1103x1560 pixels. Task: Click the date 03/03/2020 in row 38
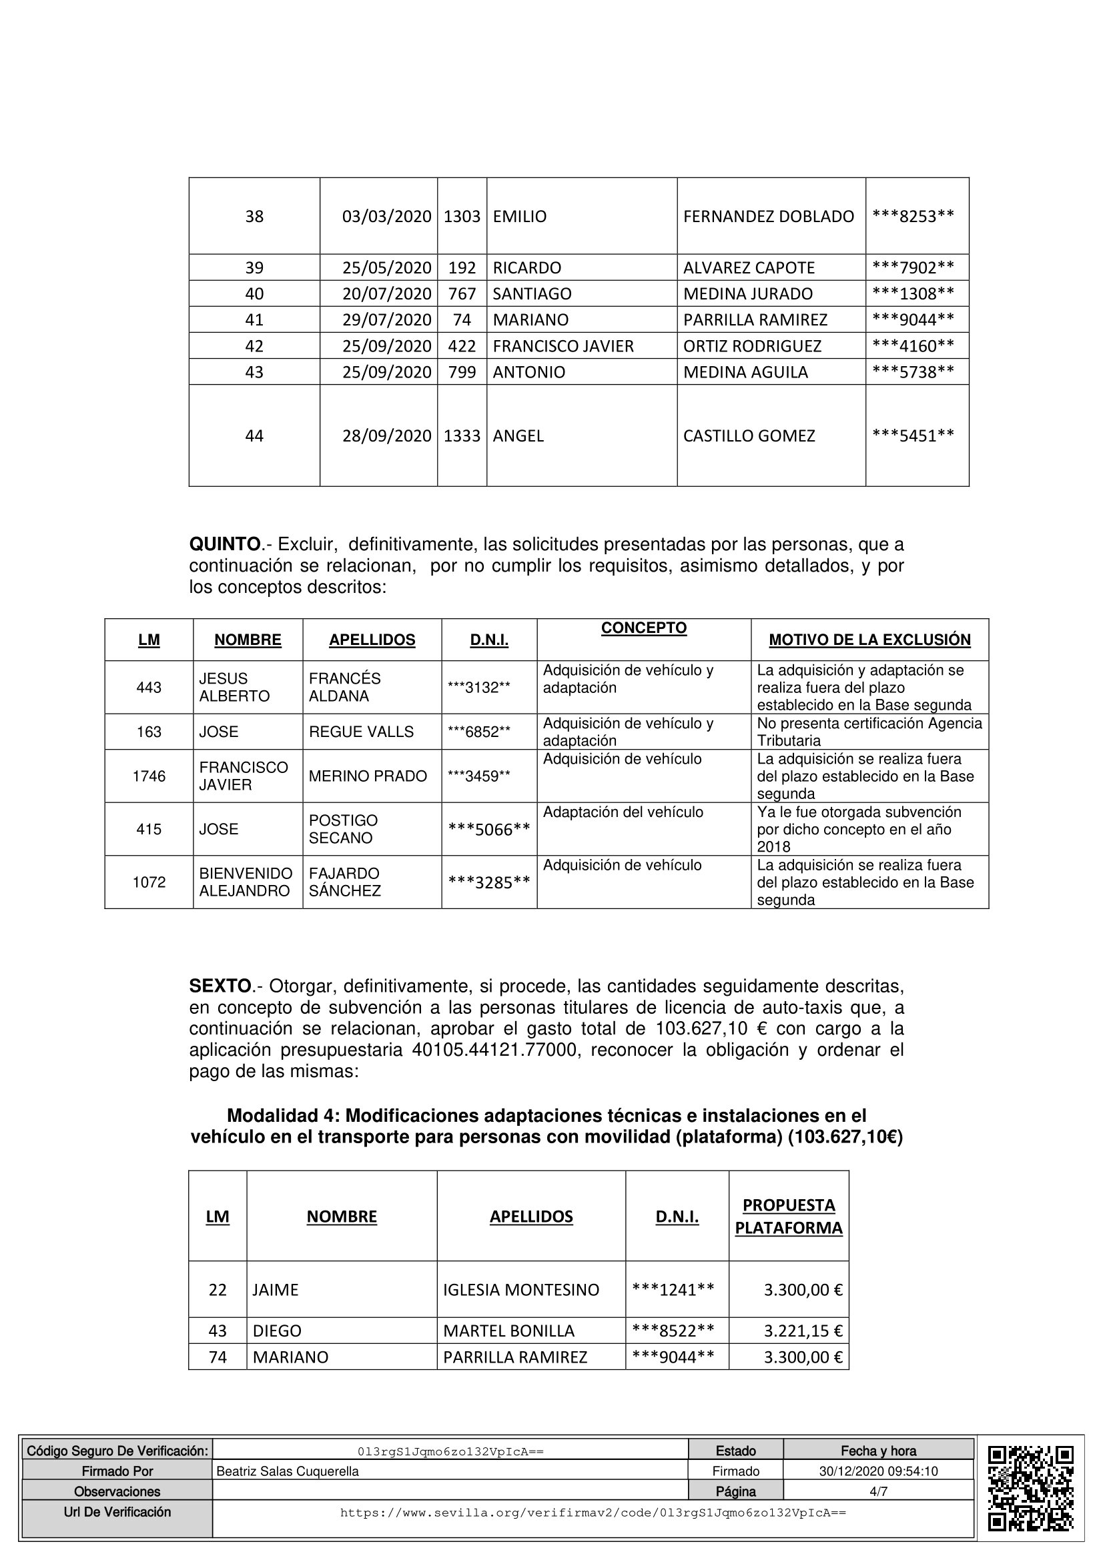pyautogui.click(x=386, y=216)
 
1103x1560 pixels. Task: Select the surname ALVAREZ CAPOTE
pyautogui.click(x=748, y=267)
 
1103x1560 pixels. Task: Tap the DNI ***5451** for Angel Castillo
pyautogui.click(x=913, y=436)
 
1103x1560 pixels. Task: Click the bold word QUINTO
pyautogui.click(x=225, y=544)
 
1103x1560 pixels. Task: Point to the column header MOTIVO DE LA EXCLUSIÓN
pyautogui.click(x=869, y=640)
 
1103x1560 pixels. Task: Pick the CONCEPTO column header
pyautogui.click(x=644, y=628)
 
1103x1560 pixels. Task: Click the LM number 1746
pyautogui.click(x=149, y=776)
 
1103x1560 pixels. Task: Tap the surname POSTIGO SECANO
pyautogui.click(x=343, y=829)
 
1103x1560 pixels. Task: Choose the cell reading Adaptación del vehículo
pyautogui.click(x=623, y=812)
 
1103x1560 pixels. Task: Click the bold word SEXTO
pyautogui.click(x=220, y=986)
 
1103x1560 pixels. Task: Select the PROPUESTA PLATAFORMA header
pyautogui.click(x=788, y=1217)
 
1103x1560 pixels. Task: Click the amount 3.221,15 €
pyautogui.click(x=803, y=1331)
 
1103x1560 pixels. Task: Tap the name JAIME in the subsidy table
pyautogui.click(x=275, y=1290)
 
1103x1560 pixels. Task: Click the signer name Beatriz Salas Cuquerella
pyautogui.click(x=288, y=1471)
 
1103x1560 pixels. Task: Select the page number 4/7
pyautogui.click(x=878, y=1491)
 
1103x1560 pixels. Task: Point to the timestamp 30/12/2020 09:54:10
pyautogui.click(x=878, y=1471)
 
